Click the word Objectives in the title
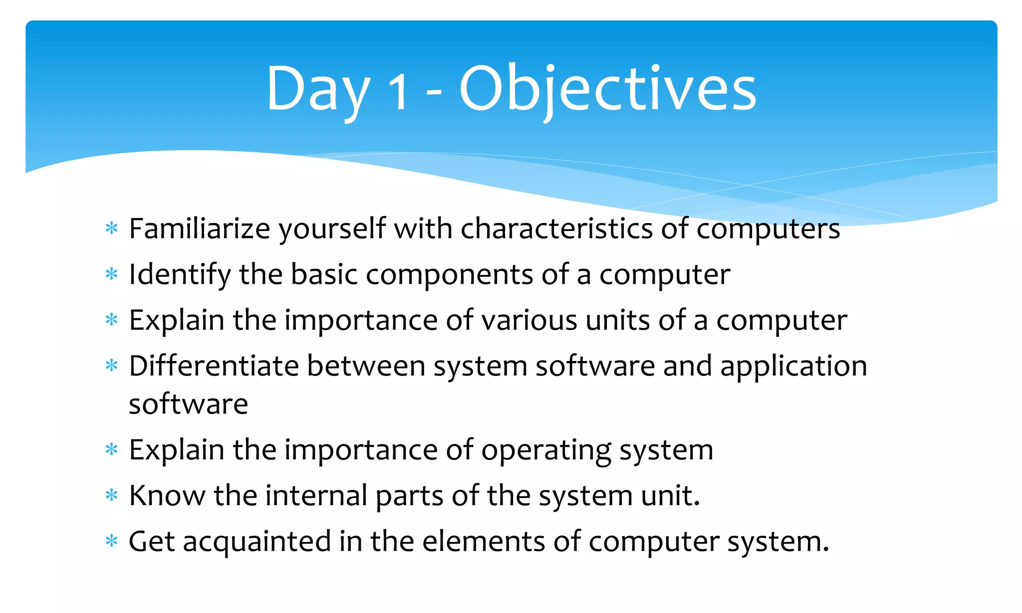pyautogui.click(x=607, y=90)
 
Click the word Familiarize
pyautogui.click(x=200, y=229)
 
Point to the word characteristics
pyautogui.click(x=556, y=229)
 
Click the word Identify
pyautogui.click(x=180, y=275)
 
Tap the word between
pyautogui.click(x=366, y=366)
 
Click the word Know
pyautogui.click(x=167, y=496)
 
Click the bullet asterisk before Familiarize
pyautogui.click(x=112, y=229)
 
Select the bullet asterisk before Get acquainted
pyautogui.click(x=112, y=541)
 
